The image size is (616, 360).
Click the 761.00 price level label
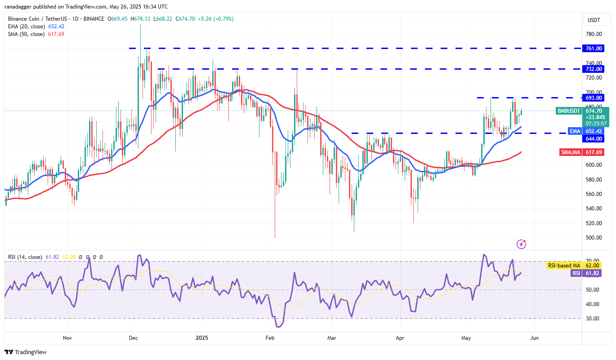594,48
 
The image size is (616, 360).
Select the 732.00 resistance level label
594,69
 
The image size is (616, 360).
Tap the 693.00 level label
594,98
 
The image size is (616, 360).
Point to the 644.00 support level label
594,138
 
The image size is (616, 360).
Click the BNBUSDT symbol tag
569,111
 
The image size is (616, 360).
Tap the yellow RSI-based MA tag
563,266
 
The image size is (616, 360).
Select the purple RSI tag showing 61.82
576,273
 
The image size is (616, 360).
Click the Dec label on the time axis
133,338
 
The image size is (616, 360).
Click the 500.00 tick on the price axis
594,238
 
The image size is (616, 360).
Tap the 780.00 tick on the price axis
594,34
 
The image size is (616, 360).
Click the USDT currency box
594,20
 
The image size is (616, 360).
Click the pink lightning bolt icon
522,244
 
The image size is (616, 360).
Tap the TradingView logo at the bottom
26,352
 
